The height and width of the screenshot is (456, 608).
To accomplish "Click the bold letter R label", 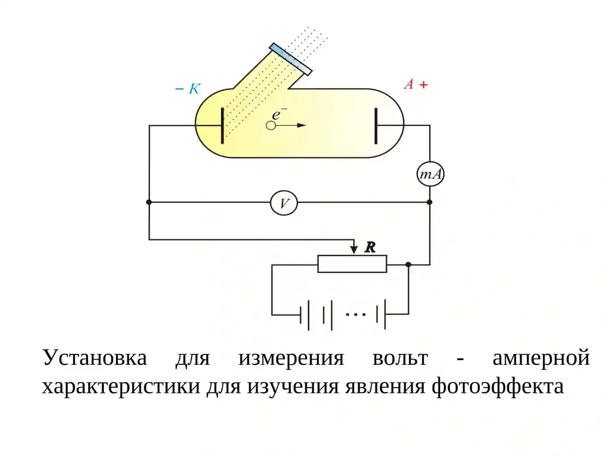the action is (x=370, y=247).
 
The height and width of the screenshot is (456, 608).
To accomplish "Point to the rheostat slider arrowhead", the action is (x=354, y=250).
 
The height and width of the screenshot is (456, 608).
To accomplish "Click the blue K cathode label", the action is (x=194, y=89).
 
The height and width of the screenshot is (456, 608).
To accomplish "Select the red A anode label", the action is (x=409, y=84).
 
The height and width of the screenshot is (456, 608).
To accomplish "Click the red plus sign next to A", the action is (x=423, y=85).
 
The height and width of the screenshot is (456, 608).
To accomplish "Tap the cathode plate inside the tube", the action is (x=222, y=126).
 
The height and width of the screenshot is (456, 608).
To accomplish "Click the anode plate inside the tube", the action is (x=376, y=126).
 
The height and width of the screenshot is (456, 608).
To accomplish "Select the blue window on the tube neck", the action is (x=291, y=59).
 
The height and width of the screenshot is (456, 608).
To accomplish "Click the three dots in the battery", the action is (x=356, y=314).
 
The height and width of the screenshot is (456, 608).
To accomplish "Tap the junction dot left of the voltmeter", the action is (x=149, y=202).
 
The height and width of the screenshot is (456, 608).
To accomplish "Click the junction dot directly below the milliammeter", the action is (x=430, y=202).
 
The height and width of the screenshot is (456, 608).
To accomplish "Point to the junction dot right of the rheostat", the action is (x=408, y=264).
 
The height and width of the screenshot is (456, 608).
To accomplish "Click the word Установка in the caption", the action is (x=95, y=358).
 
